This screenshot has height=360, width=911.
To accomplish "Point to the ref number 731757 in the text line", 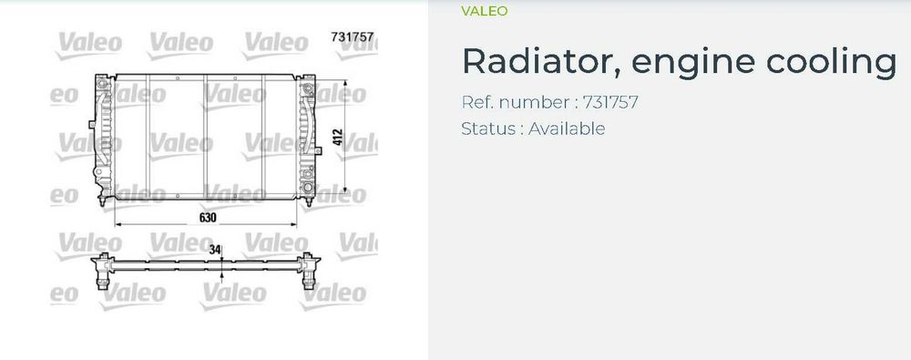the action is [610, 102].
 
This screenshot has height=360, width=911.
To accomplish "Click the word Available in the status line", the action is [567, 128].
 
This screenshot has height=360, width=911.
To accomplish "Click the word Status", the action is [488, 128].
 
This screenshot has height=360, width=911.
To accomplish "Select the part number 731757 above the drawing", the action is [352, 36].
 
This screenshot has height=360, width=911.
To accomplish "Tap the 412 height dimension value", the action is [338, 138].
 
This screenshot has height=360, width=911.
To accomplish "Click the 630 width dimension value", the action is [208, 218].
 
